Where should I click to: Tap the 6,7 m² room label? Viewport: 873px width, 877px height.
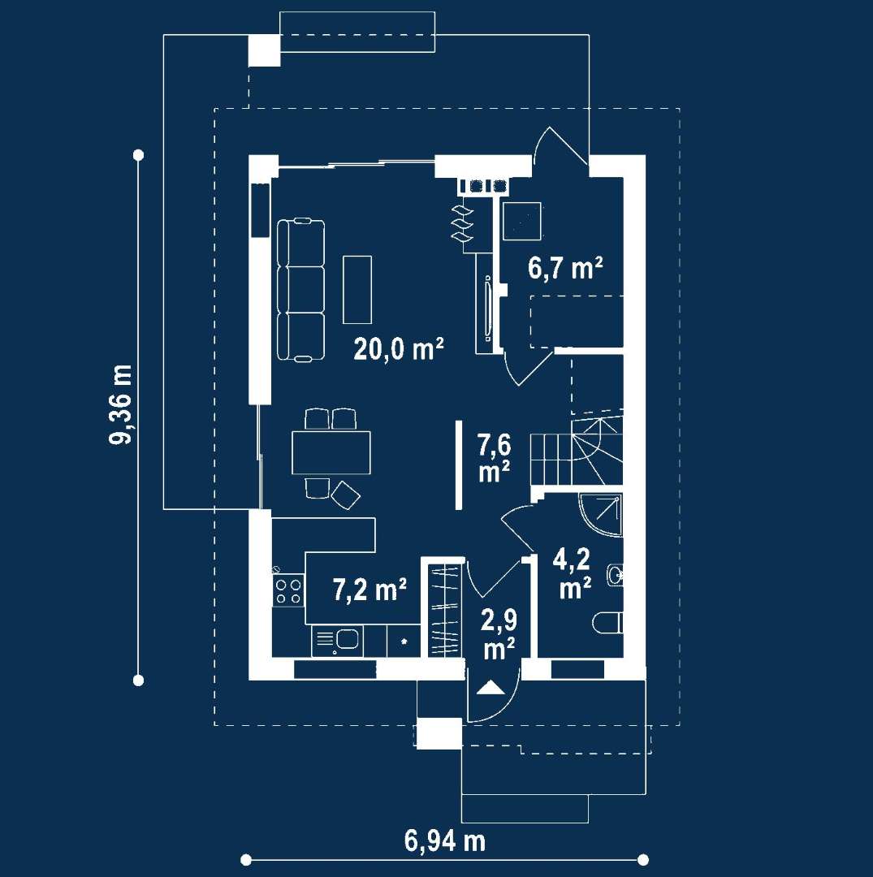coord(565,268)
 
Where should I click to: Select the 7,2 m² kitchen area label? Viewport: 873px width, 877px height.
coord(370,590)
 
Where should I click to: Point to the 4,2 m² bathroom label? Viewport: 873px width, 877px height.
coord(572,573)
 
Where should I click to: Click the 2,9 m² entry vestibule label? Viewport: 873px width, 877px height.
coord(499,633)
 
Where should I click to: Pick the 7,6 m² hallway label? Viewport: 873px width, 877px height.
coord(494,458)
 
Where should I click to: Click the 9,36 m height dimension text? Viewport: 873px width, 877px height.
coord(120,404)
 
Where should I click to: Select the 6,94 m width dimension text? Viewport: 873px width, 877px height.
coord(444,840)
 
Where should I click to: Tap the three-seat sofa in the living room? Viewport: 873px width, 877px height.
coord(300,290)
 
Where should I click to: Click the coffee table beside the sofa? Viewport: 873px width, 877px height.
coord(357,289)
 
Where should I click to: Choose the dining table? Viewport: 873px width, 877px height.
coord(331,452)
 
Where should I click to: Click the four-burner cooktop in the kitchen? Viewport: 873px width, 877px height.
coord(288,591)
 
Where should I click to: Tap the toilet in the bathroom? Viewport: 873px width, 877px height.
coord(608,623)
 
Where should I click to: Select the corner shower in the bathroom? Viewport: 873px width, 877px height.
coord(601,515)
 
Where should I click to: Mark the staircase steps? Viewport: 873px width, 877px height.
coord(576,451)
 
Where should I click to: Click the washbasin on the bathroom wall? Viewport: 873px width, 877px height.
coord(616,574)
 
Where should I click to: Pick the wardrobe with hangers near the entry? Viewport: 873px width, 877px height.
coord(445,610)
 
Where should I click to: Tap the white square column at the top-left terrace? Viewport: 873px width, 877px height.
coord(264,50)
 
